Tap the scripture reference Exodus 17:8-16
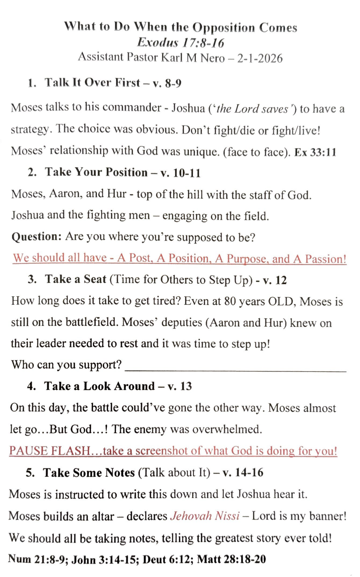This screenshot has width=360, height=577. click(x=180, y=43)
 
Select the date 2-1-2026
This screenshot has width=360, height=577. click(x=260, y=58)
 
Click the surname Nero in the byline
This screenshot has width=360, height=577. click(x=212, y=58)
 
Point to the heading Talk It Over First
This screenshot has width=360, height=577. click(x=92, y=83)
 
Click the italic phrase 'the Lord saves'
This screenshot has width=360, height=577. click(x=252, y=109)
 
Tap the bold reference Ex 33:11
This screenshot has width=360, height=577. click(x=315, y=152)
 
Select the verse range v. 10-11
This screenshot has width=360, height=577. click(x=181, y=173)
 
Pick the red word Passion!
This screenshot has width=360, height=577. click(x=326, y=259)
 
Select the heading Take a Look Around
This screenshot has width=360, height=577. click(x=99, y=386)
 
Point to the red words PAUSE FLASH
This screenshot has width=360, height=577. click(x=50, y=451)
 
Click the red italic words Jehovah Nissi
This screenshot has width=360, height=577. click(x=205, y=516)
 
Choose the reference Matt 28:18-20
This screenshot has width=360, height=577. click(x=231, y=559)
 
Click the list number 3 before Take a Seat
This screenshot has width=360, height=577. click(x=32, y=279)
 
